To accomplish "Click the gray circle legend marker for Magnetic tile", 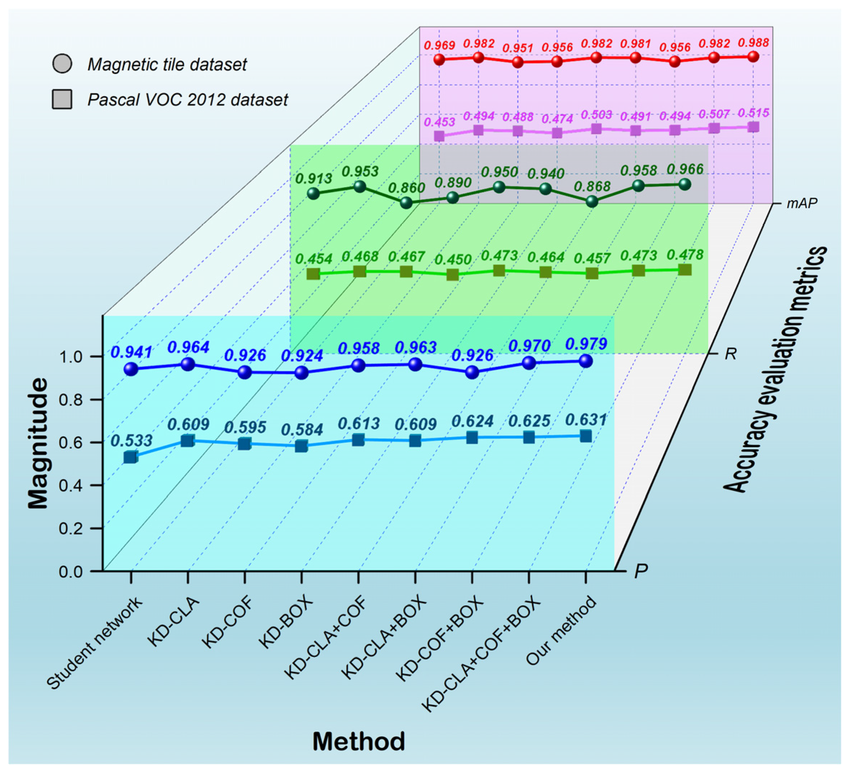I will coord(62,64).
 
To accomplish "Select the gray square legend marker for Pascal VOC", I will coord(62,99).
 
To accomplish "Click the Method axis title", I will coord(358,742).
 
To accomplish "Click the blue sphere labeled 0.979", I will coord(586,361).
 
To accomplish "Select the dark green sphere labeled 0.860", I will coord(406,203).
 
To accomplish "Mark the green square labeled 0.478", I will coord(685,270).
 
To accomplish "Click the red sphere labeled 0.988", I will coord(753,56).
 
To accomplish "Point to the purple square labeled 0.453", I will coord(439,136).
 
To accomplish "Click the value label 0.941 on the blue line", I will coord(131,352).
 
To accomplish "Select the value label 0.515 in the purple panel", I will coord(753,113).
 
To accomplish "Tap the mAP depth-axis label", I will coord(801,203).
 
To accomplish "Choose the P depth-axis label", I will coord(641,571).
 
